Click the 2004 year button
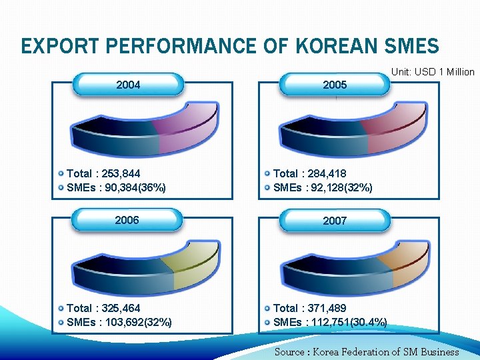(x=128, y=85)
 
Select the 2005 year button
(x=335, y=85)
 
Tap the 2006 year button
(x=127, y=220)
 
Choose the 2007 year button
(x=335, y=220)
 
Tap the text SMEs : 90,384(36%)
(x=117, y=187)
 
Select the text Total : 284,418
(x=310, y=173)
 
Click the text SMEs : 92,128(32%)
(x=323, y=187)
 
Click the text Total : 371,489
(x=310, y=308)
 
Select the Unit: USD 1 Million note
(x=433, y=72)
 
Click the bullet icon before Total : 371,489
(x=267, y=308)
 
